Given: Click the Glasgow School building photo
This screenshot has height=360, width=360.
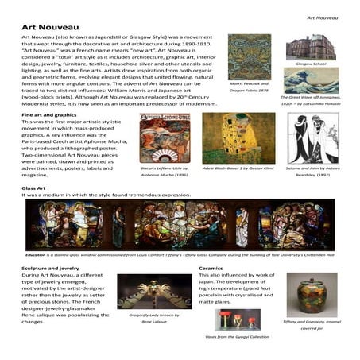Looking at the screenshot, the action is [x=311, y=47].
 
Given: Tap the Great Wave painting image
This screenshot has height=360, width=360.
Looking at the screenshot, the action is [x=311, y=80].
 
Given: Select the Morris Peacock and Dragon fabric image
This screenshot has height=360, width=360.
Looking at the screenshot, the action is [x=249, y=56].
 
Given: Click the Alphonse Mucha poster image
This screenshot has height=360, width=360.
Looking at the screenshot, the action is [x=165, y=138].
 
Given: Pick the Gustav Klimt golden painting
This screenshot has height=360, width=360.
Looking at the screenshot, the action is [x=227, y=138].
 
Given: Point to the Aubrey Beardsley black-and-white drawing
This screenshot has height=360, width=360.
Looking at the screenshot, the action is [x=312, y=138].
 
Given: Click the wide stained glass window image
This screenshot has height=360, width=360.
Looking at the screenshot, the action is [x=180, y=224].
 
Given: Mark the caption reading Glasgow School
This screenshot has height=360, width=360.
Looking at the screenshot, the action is [x=310, y=64].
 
